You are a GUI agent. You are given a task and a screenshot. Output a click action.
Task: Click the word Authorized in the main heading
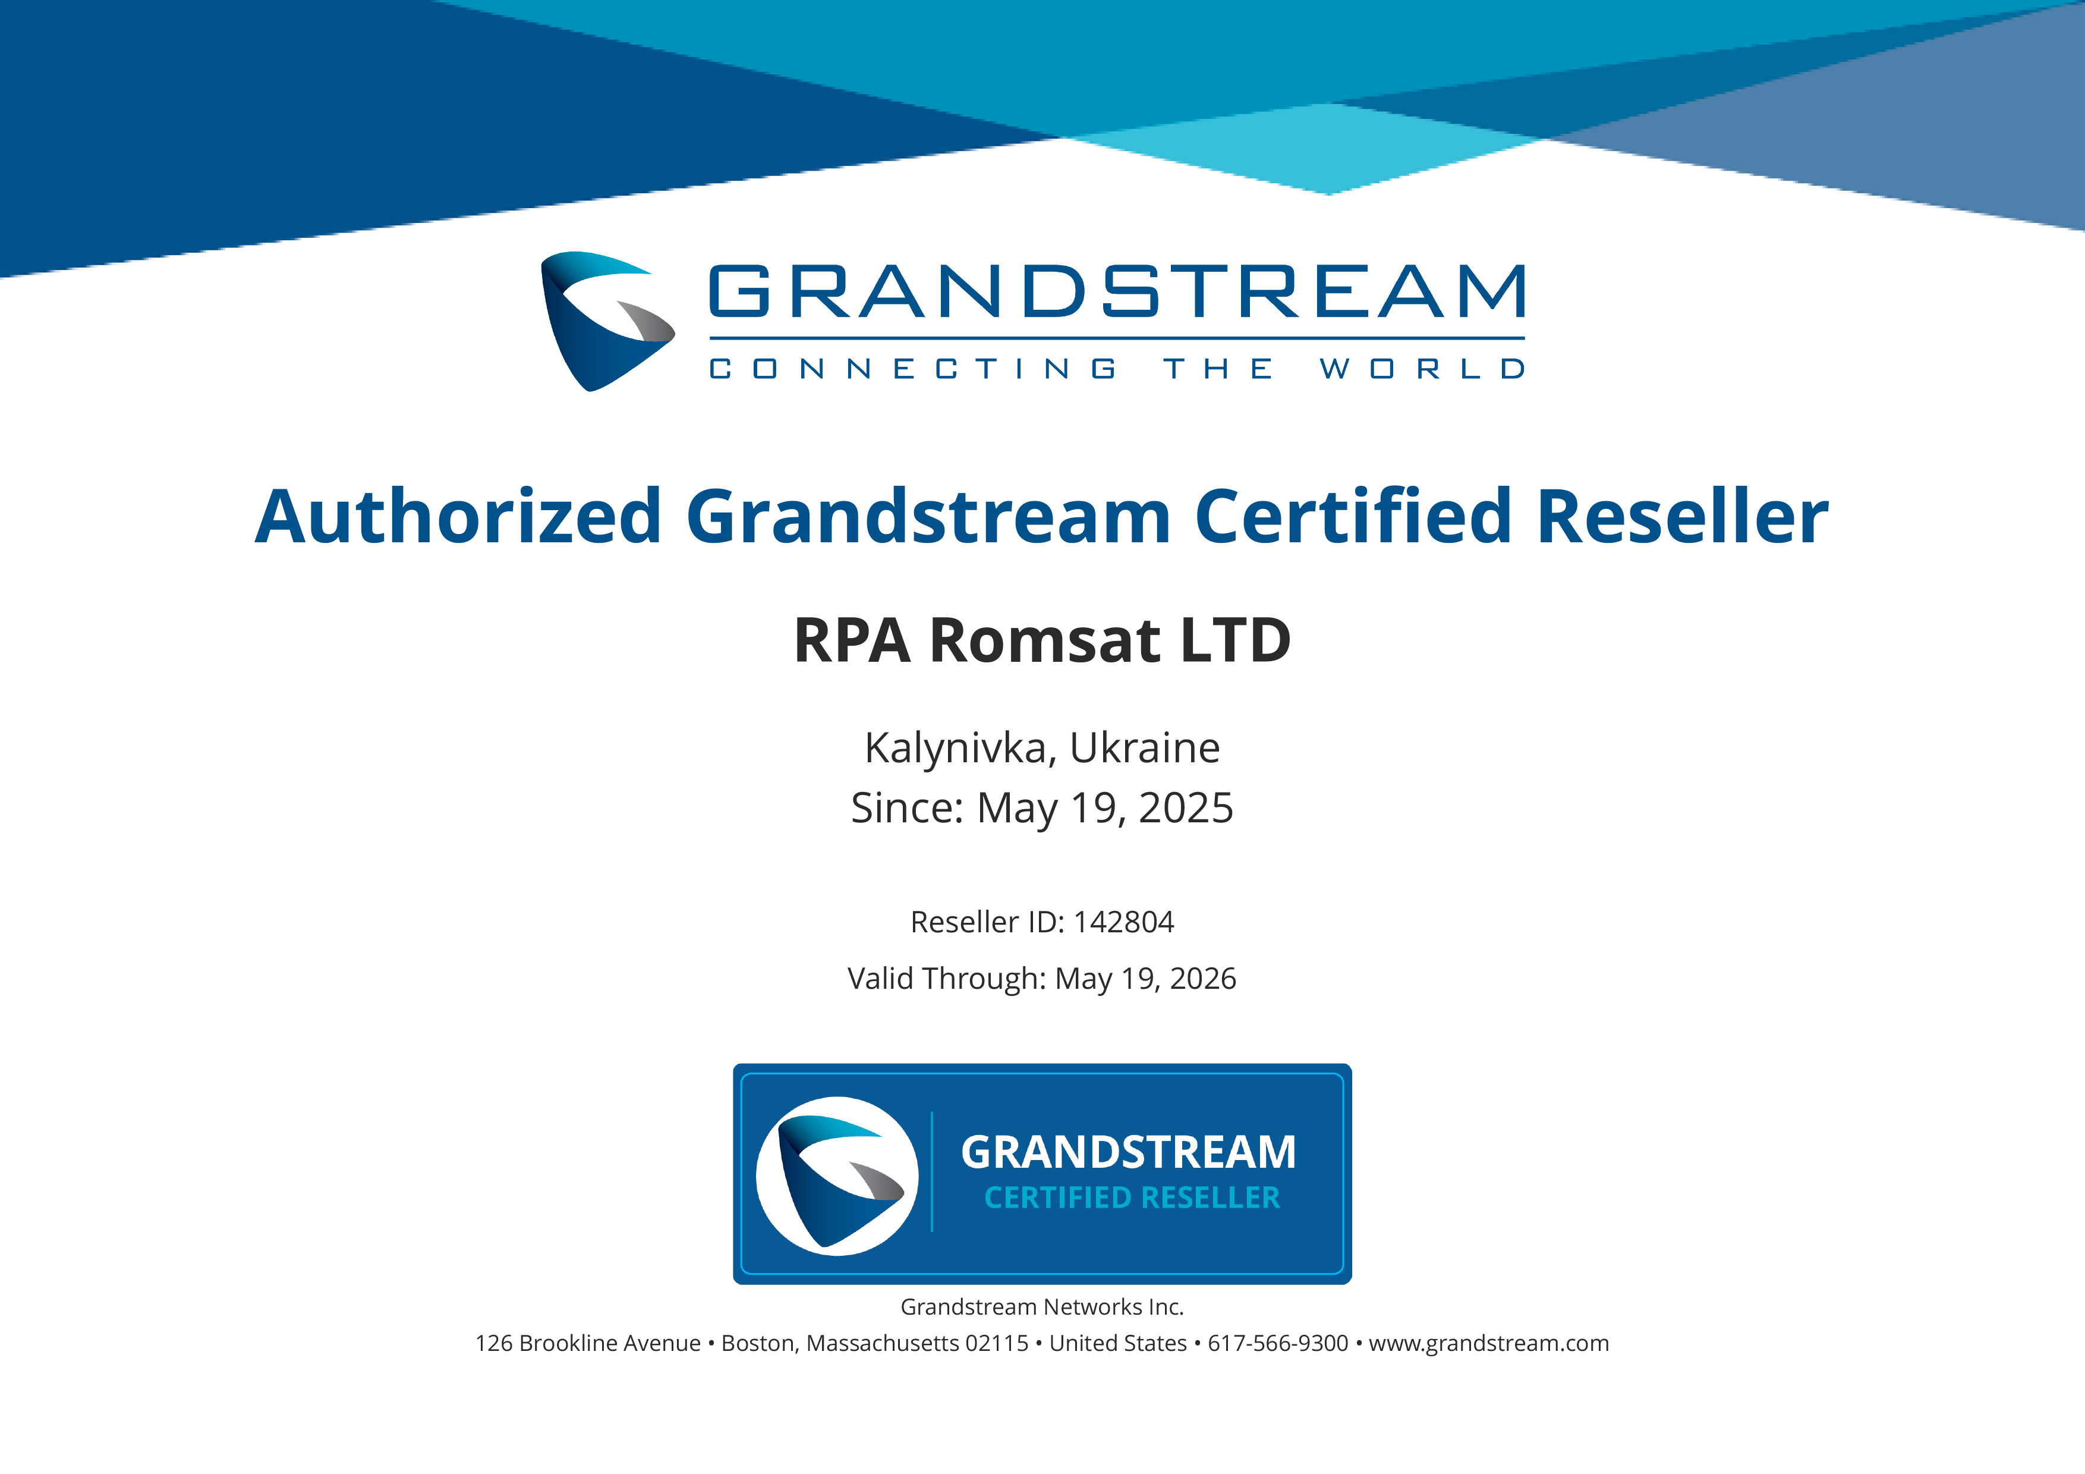click(459, 516)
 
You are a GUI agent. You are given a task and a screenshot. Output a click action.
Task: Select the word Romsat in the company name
click(1045, 640)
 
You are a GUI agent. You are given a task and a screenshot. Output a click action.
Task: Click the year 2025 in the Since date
click(1186, 807)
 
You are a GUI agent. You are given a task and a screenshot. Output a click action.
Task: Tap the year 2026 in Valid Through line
click(1202, 978)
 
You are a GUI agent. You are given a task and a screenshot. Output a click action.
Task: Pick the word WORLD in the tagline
click(1422, 368)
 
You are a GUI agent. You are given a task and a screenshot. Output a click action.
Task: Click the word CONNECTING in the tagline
click(913, 368)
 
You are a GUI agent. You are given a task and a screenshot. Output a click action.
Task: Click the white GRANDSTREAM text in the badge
click(1129, 1152)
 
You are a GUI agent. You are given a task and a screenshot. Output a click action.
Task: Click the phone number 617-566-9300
click(1278, 1343)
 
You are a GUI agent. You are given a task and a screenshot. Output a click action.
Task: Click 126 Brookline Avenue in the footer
click(588, 1343)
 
